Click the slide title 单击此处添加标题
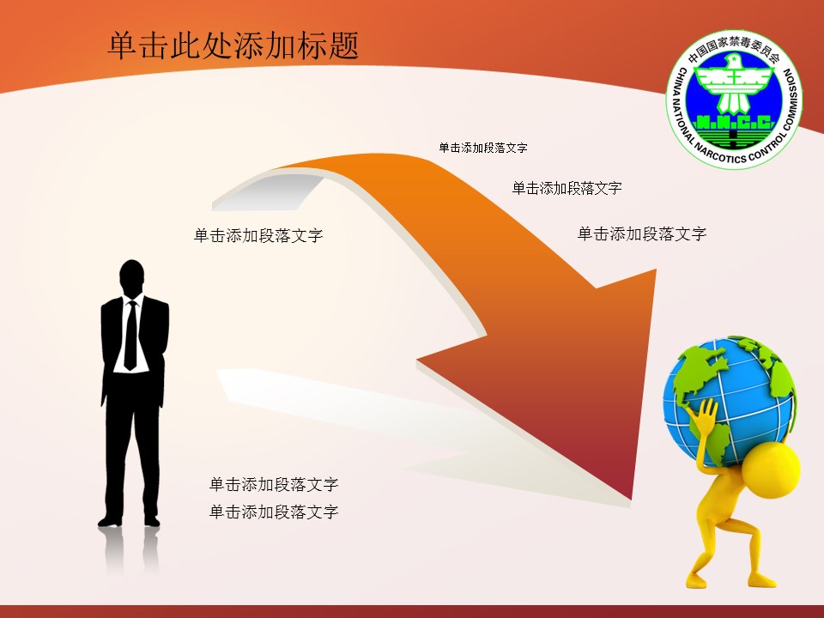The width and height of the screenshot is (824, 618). point(233,46)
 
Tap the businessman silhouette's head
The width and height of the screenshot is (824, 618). point(131,277)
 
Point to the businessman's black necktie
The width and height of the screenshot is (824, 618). point(130,336)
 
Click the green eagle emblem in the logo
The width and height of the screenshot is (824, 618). point(734,84)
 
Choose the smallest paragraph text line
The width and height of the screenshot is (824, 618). point(483,148)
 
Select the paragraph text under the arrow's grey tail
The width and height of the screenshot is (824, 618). point(258,235)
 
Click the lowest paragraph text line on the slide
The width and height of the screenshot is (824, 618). point(274,512)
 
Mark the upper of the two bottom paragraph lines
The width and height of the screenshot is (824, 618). point(274,484)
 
